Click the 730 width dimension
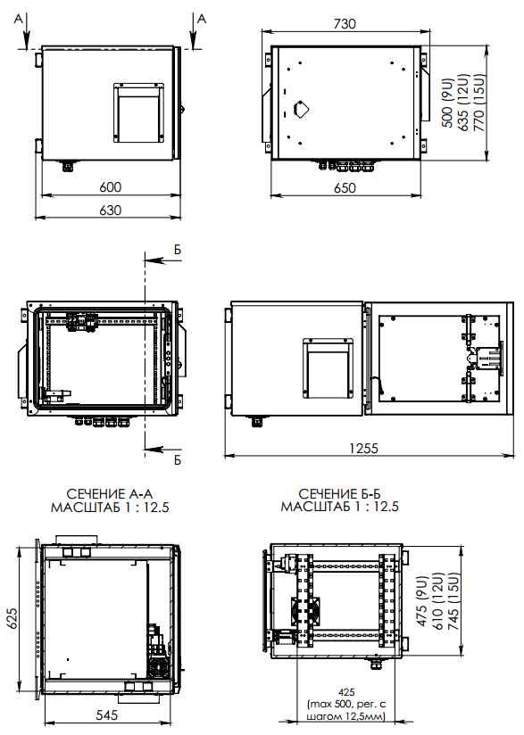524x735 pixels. click(x=345, y=23)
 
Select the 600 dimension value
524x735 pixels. click(x=110, y=187)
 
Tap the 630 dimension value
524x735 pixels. click(x=110, y=210)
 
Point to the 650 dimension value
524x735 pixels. click(x=345, y=187)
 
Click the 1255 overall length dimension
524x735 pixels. click(x=363, y=448)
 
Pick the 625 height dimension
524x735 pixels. click(x=12, y=619)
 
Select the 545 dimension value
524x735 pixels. click(x=107, y=714)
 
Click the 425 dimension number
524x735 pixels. click(x=346, y=692)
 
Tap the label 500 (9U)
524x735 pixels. click(x=447, y=103)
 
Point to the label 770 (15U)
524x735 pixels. click(x=478, y=103)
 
